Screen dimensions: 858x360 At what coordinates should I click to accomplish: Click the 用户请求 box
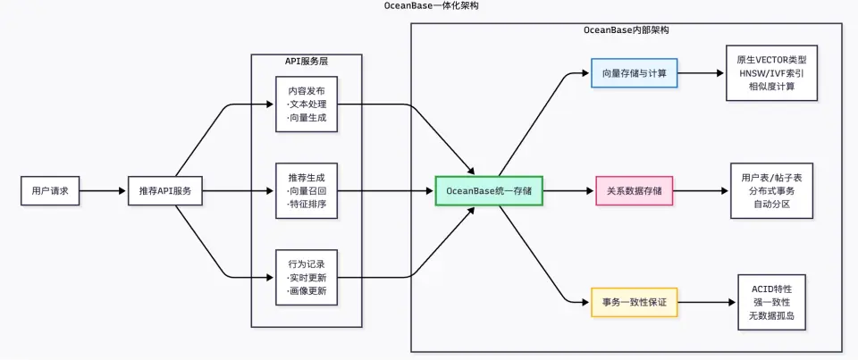50,191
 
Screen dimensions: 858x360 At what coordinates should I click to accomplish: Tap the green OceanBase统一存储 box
489,191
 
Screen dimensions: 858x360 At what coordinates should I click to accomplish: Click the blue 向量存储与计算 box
635,73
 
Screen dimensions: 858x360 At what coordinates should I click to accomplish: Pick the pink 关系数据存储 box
635,191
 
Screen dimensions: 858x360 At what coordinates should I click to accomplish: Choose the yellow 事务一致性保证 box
635,302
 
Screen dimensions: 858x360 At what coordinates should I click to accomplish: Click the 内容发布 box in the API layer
307,105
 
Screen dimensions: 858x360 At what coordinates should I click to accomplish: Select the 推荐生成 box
307,191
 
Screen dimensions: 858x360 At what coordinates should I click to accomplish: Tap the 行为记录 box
307,278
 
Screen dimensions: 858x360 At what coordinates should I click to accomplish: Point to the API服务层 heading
307,61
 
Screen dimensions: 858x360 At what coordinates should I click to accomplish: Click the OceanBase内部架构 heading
626,30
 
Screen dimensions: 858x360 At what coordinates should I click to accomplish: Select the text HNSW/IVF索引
771,73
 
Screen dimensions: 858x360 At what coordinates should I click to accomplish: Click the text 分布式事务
771,191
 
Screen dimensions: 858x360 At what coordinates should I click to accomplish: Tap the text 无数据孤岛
771,315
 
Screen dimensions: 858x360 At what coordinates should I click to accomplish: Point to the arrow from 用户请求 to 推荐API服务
104,191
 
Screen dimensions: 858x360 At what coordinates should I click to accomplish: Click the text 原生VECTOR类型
771,60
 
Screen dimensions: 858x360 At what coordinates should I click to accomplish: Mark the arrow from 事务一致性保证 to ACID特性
708,302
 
